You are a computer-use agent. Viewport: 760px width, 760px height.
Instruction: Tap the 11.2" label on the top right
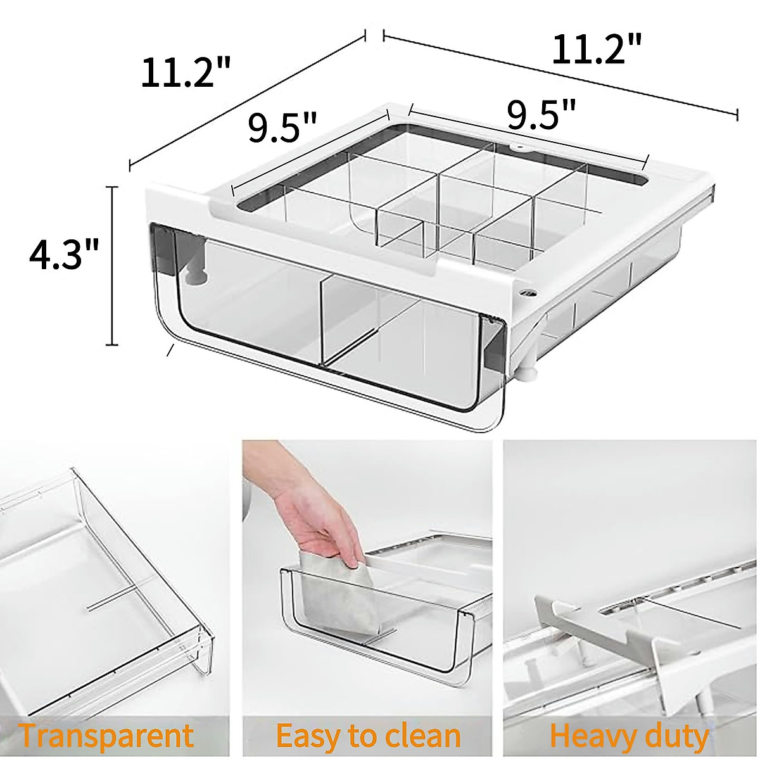pyautogui.click(x=597, y=50)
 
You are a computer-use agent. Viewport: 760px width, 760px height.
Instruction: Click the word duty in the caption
pyautogui.click(x=673, y=736)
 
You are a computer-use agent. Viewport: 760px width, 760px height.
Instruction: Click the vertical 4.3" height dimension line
pyautogui.click(x=113, y=266)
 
